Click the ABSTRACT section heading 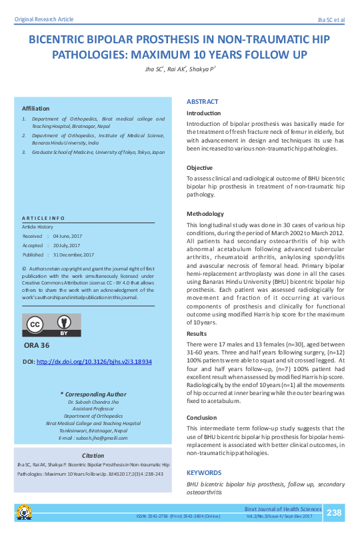coord(202,102)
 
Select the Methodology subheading coord(206,213)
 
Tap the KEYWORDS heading coord(203,472)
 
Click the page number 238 coord(334,512)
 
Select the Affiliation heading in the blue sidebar coord(36,108)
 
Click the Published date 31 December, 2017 coord(75,255)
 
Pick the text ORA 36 coord(36,346)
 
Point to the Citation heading coord(93,454)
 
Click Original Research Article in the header coord(43,20)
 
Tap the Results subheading coord(196,333)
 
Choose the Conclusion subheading coord(201,418)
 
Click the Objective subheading coord(199,168)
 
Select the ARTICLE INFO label coord(43,219)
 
